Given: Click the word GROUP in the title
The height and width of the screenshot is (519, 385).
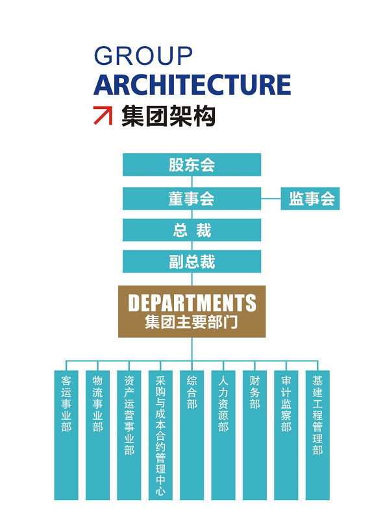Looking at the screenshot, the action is point(143,56).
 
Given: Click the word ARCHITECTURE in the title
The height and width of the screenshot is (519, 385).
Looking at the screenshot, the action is point(192,85).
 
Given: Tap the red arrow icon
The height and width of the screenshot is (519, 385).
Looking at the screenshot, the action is point(103,115).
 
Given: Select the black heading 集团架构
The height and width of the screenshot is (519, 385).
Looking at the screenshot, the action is point(168,116).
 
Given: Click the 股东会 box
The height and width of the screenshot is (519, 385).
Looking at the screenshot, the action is point(192,165).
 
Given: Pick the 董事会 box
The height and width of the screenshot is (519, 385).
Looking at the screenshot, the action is point(192,199).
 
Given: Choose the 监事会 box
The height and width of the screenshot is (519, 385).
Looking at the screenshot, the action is point(310,199).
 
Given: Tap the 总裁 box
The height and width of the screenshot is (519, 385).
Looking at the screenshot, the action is point(192,230).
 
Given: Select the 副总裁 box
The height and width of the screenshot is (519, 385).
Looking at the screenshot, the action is point(192,261).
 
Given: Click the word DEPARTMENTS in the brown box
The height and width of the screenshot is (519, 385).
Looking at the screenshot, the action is point(192,302).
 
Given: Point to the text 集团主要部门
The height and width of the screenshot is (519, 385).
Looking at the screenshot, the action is point(192,322).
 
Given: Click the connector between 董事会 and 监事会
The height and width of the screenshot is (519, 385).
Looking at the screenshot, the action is point(271,199).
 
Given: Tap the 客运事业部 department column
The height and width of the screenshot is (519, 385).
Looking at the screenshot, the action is point(66,435).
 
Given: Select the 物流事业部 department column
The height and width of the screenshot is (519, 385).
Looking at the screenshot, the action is point(98,435).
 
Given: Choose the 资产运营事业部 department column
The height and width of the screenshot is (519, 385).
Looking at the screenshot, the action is point(129,435).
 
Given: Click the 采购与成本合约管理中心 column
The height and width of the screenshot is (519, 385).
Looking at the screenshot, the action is point(160,435).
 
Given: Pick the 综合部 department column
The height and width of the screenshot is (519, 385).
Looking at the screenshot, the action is point(192,435).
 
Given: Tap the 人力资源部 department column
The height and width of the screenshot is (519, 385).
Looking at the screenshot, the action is point(223,435).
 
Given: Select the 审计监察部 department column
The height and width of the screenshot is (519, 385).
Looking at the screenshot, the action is point(286,435).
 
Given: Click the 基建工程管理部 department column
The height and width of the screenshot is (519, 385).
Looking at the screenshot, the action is point(317,435).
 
